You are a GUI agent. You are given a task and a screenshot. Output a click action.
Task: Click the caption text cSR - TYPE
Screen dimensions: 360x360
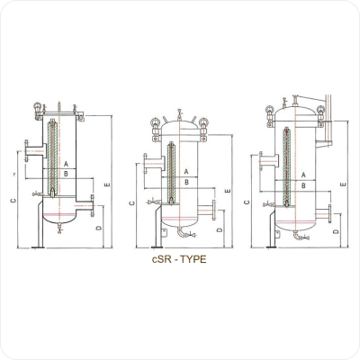point(179,259)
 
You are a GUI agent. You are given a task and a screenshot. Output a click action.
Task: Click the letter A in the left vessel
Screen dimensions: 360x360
point(66,164)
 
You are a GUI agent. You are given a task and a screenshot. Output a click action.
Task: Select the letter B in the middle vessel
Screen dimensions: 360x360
point(186,182)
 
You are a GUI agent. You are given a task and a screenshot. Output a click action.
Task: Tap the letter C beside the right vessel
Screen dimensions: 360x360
point(247,202)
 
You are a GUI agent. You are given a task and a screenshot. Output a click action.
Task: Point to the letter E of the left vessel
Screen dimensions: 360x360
point(107,184)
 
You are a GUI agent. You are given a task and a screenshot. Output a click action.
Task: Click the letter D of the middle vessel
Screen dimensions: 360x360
point(220,229)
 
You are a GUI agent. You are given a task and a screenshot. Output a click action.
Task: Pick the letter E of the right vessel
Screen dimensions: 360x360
point(344,184)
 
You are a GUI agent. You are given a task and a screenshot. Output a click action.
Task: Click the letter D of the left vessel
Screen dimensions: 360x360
point(99,228)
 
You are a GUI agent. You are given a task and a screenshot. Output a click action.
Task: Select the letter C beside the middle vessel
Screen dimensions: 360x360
point(132,203)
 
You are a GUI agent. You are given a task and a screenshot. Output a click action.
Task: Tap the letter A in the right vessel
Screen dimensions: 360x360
point(303,175)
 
